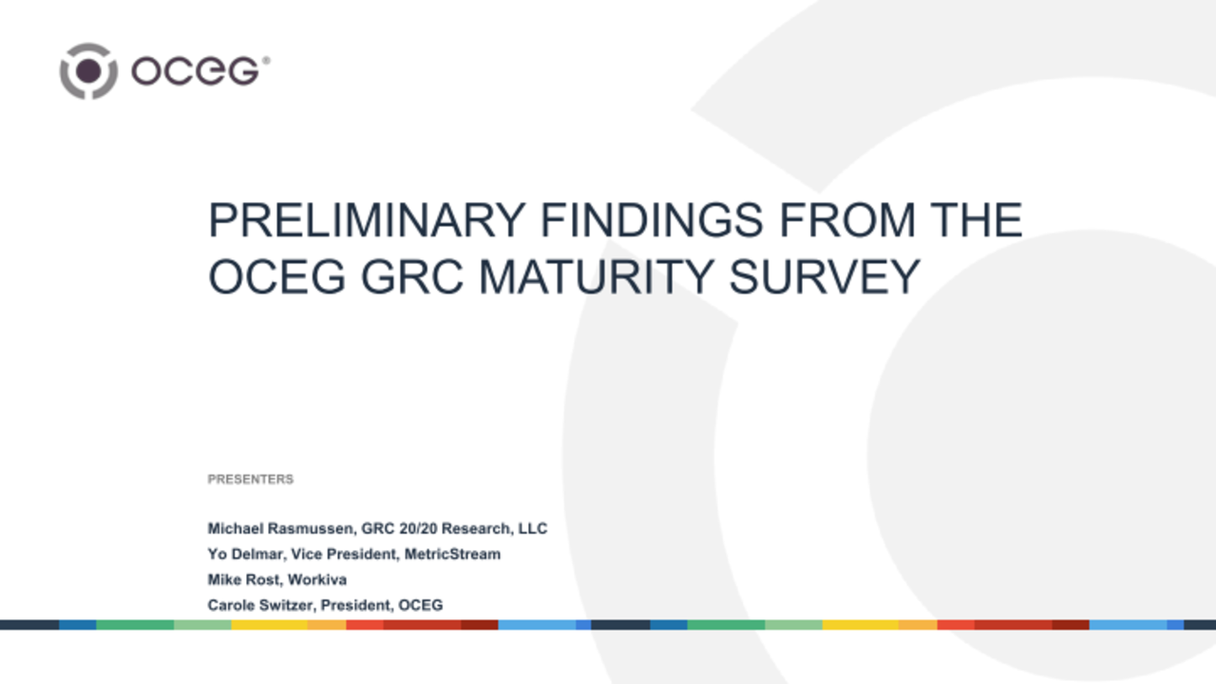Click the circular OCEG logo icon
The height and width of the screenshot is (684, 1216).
[x=88, y=70]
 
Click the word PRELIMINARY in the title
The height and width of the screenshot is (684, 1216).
[x=366, y=221]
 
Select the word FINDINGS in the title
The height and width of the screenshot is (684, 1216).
[x=652, y=221]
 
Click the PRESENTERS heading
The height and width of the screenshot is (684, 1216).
[x=251, y=480]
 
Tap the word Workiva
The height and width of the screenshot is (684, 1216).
[x=319, y=579]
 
